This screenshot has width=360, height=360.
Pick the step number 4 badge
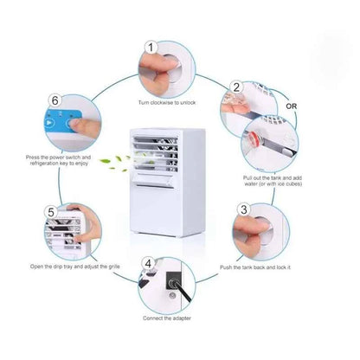148,263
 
